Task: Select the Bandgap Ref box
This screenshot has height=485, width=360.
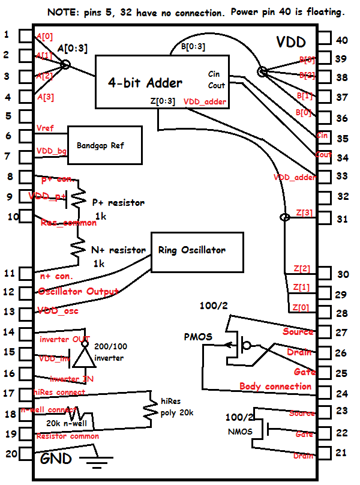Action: click(105, 145)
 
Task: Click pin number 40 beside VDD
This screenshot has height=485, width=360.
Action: click(342, 40)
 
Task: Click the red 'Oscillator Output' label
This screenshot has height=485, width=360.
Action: click(78, 292)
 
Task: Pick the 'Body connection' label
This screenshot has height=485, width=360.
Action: click(275, 386)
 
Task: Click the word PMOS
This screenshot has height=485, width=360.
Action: click(198, 337)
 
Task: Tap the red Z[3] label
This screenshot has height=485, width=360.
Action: click(304, 213)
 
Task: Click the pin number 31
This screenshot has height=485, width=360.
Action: click(342, 220)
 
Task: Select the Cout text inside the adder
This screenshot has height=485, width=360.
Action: click(217, 86)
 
